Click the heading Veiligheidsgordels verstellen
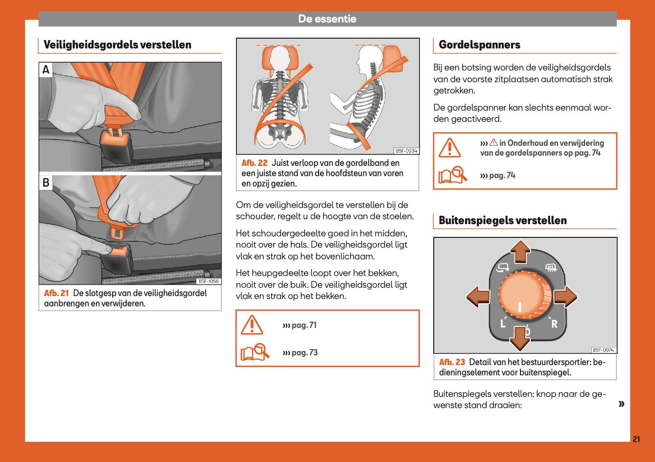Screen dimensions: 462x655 coord(117,45)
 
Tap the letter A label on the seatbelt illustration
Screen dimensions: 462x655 coord(46,70)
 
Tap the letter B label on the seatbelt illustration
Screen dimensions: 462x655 coord(46,183)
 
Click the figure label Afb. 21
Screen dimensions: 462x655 coord(56,293)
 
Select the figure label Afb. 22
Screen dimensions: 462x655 coord(255,163)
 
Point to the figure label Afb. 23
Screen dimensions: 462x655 coord(452,362)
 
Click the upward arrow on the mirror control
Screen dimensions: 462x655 coord(520,251)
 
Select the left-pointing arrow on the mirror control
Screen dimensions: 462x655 coord(478,297)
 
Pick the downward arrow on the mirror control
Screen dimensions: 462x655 coord(520,338)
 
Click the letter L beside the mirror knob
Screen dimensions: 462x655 coord(502,323)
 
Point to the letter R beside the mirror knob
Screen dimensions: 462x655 coord(554,323)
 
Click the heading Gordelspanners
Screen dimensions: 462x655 coord(479,45)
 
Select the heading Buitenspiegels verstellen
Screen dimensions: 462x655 coord(502,220)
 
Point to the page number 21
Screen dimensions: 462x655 coord(636,439)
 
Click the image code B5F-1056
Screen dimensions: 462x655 coord(209,281)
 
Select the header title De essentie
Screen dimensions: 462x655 coord(327,19)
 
